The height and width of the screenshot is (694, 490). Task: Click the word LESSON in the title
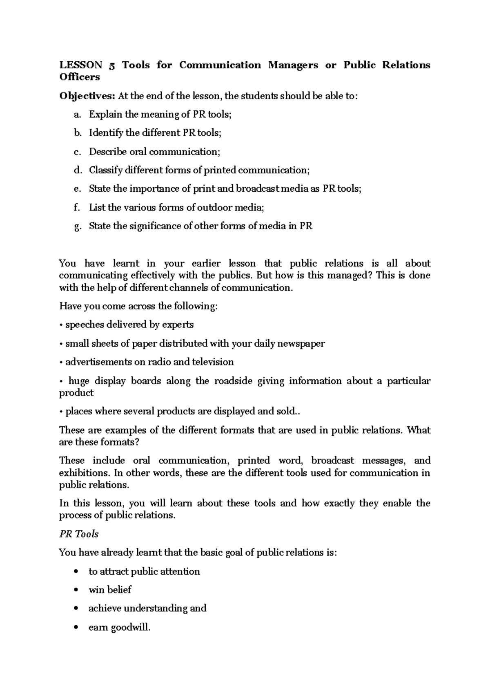81,65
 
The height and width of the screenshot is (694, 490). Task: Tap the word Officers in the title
80,77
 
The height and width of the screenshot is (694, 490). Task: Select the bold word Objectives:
87,96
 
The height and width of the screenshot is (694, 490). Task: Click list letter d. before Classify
78,170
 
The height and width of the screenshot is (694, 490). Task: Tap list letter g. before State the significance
78,226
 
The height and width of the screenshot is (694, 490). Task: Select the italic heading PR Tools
79,534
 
